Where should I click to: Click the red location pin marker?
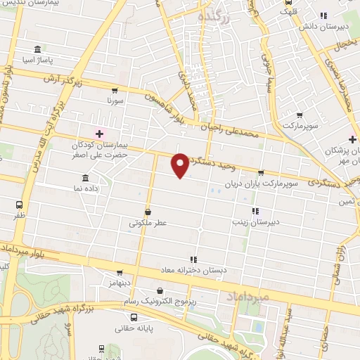(181, 165)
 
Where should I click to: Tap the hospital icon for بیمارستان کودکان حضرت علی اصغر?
(99, 134)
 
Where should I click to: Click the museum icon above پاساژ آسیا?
(37, 50)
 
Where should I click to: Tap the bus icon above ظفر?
(19, 205)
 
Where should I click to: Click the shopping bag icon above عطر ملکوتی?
(148, 212)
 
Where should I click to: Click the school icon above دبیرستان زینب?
(255, 210)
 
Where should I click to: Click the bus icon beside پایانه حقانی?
(103, 348)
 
